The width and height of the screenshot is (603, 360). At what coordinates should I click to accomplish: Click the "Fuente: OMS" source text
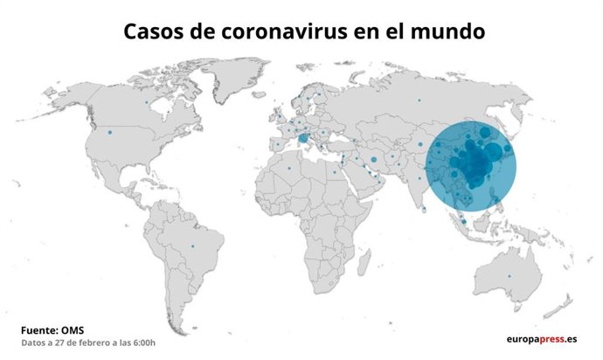(52, 330)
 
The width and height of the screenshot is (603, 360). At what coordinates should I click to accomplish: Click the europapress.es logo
(542, 339)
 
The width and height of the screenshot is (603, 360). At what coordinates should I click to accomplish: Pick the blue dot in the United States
(111, 134)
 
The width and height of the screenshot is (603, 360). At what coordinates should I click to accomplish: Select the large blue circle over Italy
(303, 138)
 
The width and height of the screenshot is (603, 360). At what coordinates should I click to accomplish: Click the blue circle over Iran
(373, 160)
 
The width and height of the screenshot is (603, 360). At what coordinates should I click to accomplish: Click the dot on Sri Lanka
(423, 210)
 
